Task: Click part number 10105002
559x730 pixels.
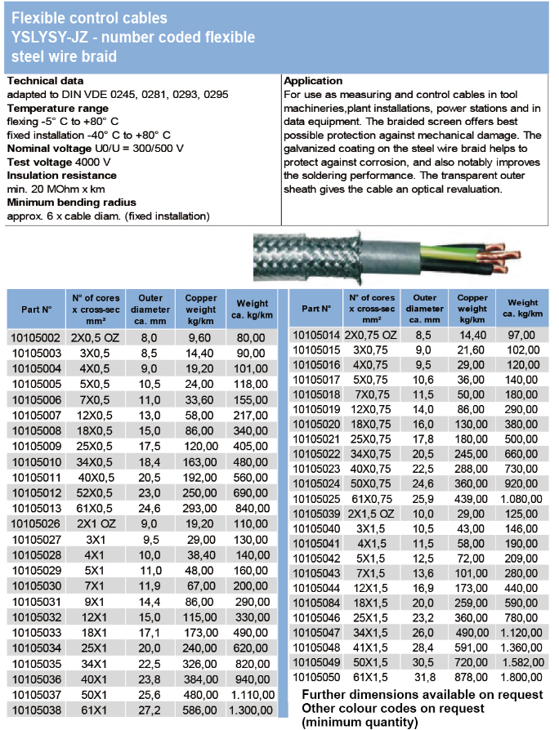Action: [34, 337]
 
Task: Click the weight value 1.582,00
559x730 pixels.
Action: [521, 661]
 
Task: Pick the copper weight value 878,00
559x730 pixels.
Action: [472, 677]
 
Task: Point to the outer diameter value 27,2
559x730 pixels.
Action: [150, 710]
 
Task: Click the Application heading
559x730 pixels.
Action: [313, 81]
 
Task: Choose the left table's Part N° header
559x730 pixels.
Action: [36, 310]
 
